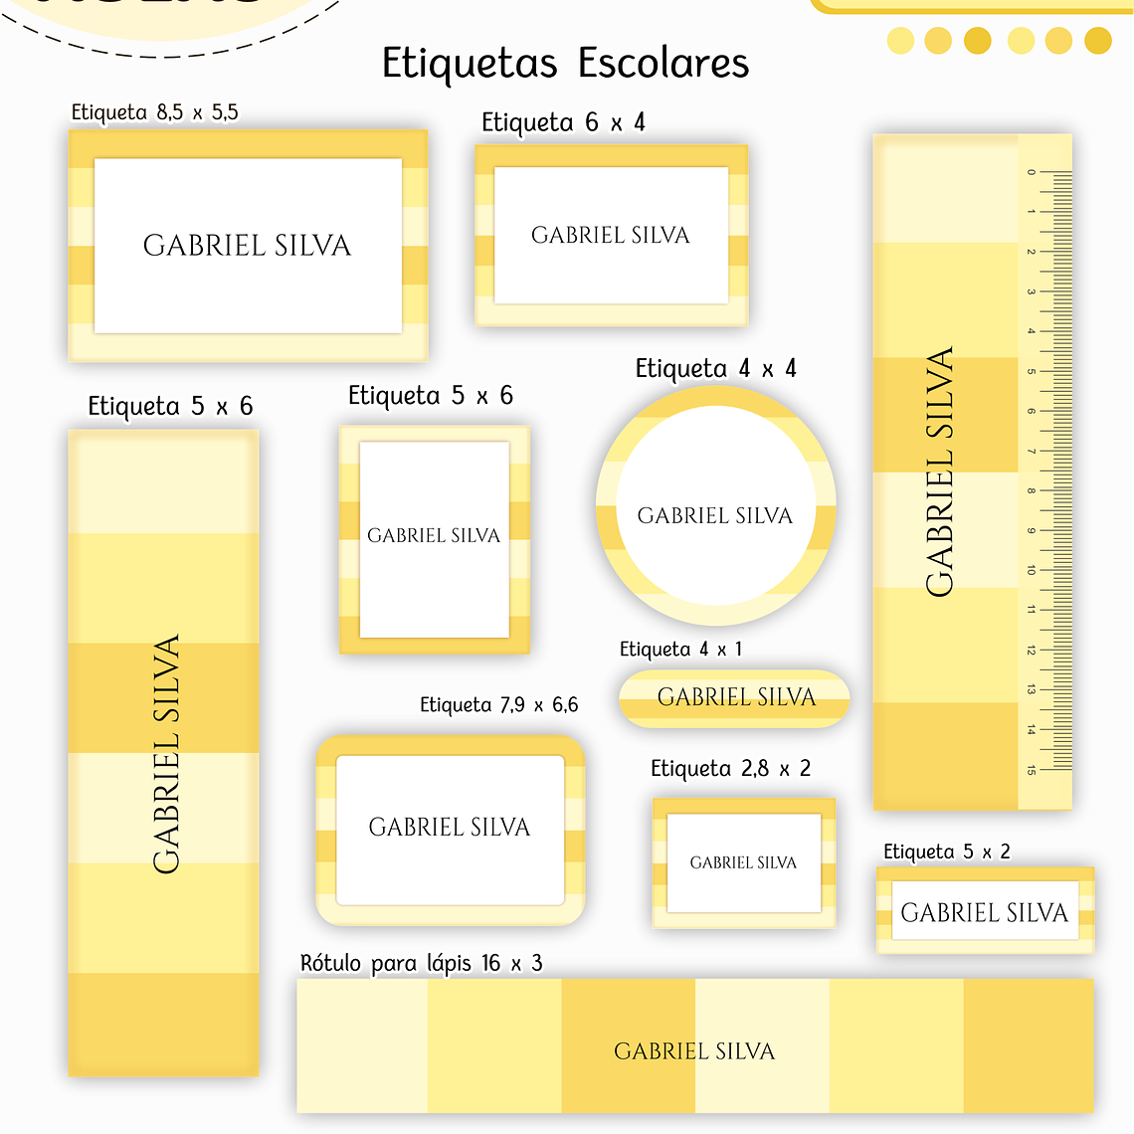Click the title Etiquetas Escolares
click(565, 64)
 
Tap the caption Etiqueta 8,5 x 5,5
click(155, 112)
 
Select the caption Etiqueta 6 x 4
click(563, 123)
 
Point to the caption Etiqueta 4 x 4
click(715, 370)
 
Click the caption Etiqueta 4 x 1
click(680, 650)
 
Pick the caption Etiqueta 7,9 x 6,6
click(498, 705)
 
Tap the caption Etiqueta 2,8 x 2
click(730, 769)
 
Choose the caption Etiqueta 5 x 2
click(946, 851)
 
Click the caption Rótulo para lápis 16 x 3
click(421, 963)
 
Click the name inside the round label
click(715, 516)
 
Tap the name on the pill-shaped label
click(736, 697)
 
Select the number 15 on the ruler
click(1032, 769)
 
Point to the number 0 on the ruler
click(1032, 172)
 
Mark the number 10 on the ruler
click(1032, 570)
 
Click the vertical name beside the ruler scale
click(940, 472)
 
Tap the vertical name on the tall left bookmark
click(167, 754)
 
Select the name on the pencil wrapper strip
click(694, 1051)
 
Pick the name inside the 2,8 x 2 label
click(743, 863)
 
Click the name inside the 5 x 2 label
click(984, 913)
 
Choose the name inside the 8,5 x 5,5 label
click(247, 246)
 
